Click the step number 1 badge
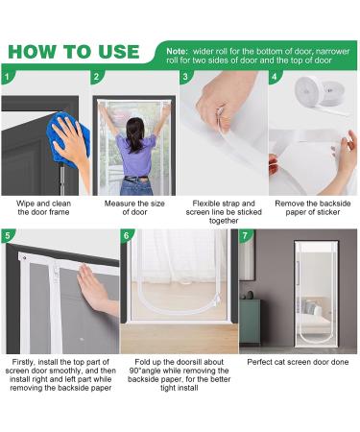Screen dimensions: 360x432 (7, 77)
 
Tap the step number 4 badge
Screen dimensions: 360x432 (275, 77)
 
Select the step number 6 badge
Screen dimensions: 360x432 (126, 236)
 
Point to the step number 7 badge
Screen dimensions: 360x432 (245, 236)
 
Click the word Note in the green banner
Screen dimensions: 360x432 (177, 51)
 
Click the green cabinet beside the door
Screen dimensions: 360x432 (250, 322)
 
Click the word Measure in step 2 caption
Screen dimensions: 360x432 (120, 204)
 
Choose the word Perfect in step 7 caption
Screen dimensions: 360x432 (259, 362)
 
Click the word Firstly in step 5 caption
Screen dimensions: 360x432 (24, 362)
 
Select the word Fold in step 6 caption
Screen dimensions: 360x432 (142, 362)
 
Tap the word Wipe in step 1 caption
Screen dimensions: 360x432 (25, 204)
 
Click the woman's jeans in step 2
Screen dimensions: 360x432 (136, 186)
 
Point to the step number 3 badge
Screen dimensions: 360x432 (185, 77)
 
